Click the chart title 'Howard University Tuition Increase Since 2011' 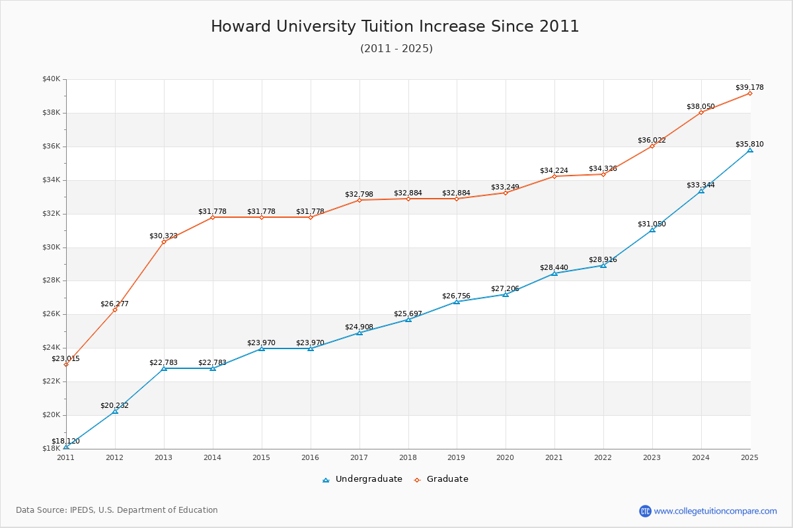(x=395, y=26)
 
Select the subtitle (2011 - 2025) (x=397, y=49)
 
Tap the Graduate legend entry (x=441, y=479)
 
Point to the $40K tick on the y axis (x=52, y=79)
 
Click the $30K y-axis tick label (x=52, y=247)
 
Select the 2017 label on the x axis (x=359, y=457)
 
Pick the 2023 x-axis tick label (x=652, y=457)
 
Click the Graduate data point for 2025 (x=750, y=93)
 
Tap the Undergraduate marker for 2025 (x=750, y=150)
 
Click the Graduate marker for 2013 (x=164, y=242)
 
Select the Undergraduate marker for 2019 (x=457, y=302)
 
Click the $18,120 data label (x=66, y=442)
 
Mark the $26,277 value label (x=114, y=304)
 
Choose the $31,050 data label (x=652, y=224)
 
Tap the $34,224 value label (x=554, y=171)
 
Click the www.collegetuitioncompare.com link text (x=716, y=511)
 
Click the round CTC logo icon (x=645, y=511)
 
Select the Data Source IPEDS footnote (x=117, y=510)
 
